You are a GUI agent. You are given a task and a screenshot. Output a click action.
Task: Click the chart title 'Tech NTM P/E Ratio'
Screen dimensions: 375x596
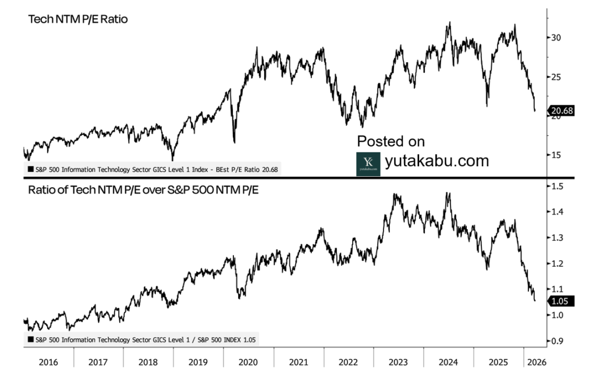pyautogui.click(x=79, y=19)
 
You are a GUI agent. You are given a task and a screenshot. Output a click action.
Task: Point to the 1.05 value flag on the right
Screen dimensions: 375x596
pyautogui.click(x=561, y=301)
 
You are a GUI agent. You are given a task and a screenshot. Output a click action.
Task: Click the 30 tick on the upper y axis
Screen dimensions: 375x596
pyautogui.click(x=557, y=38)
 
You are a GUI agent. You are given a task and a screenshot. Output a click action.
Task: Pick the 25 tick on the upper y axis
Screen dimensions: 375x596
pyautogui.click(x=557, y=77)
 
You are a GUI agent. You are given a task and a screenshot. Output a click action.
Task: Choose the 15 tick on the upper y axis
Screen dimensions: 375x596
pyautogui.click(x=557, y=155)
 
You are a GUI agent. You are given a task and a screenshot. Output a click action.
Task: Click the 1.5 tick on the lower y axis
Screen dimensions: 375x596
pyautogui.click(x=558, y=186)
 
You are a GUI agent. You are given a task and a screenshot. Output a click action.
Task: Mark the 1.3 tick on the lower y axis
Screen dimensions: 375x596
pyautogui.click(x=558, y=238)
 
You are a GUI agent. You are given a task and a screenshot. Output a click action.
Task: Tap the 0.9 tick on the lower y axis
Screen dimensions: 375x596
pyautogui.click(x=558, y=341)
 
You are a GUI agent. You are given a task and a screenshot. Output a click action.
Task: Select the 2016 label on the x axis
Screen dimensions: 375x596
pyautogui.click(x=48, y=362)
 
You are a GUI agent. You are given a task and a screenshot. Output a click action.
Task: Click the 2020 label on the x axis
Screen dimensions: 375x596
pyautogui.click(x=249, y=362)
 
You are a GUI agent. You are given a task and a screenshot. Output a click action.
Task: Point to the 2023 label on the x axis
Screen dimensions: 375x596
pyautogui.click(x=399, y=362)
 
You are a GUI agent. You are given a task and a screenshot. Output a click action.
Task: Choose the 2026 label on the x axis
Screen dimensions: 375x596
pyautogui.click(x=535, y=362)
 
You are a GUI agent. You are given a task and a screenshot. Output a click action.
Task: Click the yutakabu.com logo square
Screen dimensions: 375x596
pyautogui.click(x=368, y=163)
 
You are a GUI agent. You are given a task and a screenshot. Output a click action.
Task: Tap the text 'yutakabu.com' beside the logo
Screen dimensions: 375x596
pyautogui.click(x=437, y=161)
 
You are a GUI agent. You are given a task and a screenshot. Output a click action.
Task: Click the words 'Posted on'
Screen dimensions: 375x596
pyautogui.click(x=391, y=141)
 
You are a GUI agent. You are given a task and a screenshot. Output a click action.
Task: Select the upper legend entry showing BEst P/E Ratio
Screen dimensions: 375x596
pyautogui.click(x=152, y=170)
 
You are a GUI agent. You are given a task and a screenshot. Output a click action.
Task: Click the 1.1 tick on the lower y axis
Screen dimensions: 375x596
pyautogui.click(x=558, y=289)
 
